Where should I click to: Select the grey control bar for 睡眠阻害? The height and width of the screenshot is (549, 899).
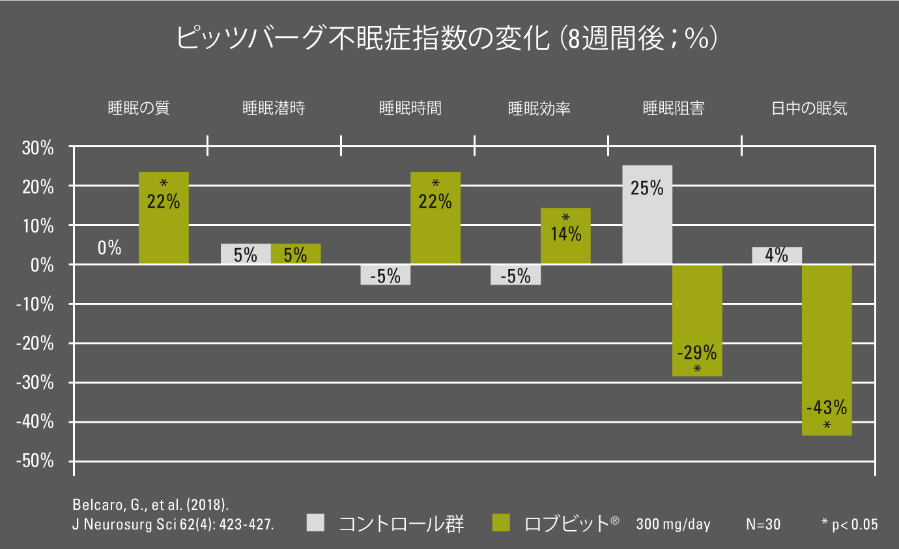(x=648, y=215)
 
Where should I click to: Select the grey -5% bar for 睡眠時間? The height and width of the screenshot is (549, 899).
(x=385, y=275)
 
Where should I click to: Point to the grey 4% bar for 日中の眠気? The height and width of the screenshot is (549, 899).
(x=777, y=255)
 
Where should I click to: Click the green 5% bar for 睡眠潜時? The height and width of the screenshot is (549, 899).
(x=296, y=254)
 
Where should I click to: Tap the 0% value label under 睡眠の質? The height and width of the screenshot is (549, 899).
(x=109, y=248)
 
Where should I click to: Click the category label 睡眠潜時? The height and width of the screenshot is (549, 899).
(x=274, y=108)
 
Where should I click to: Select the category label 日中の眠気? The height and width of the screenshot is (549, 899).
(x=809, y=108)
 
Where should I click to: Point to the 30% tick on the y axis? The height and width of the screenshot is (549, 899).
(x=38, y=148)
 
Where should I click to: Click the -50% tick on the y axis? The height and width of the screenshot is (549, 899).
(x=36, y=462)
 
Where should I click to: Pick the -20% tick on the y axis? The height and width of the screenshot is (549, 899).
(x=36, y=344)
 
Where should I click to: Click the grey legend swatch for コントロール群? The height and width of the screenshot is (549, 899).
(x=315, y=522)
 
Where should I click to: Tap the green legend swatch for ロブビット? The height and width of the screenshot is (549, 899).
(x=501, y=522)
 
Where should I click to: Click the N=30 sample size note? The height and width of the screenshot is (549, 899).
(x=763, y=524)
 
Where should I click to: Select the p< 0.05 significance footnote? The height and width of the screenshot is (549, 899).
(x=849, y=524)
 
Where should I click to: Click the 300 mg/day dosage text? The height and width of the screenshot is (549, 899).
(x=673, y=524)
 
